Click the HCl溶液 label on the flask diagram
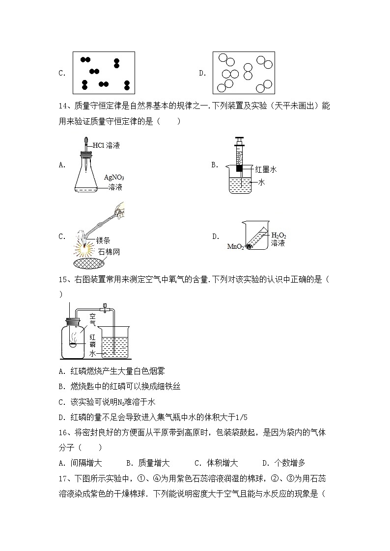point(107,145)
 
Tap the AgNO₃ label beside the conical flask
point(113,177)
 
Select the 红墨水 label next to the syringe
point(266,169)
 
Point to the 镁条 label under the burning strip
point(103,240)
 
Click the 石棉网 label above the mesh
point(108,252)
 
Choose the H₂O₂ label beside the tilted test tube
point(279,235)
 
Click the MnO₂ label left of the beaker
point(235,247)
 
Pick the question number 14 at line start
point(62,106)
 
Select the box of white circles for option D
point(243,73)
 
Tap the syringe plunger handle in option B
point(239,141)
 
